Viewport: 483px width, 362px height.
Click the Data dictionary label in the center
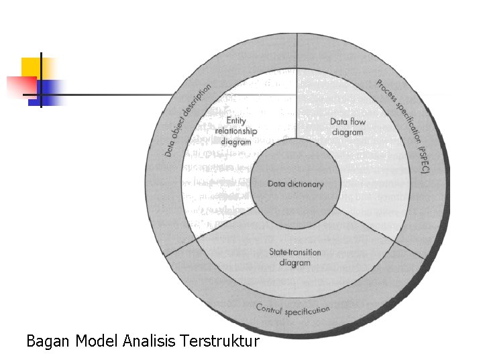295,184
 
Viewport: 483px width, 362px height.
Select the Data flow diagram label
347,127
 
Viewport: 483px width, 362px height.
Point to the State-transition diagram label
295,257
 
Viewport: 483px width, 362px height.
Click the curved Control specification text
292,309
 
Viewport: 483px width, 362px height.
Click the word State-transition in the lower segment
295,253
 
